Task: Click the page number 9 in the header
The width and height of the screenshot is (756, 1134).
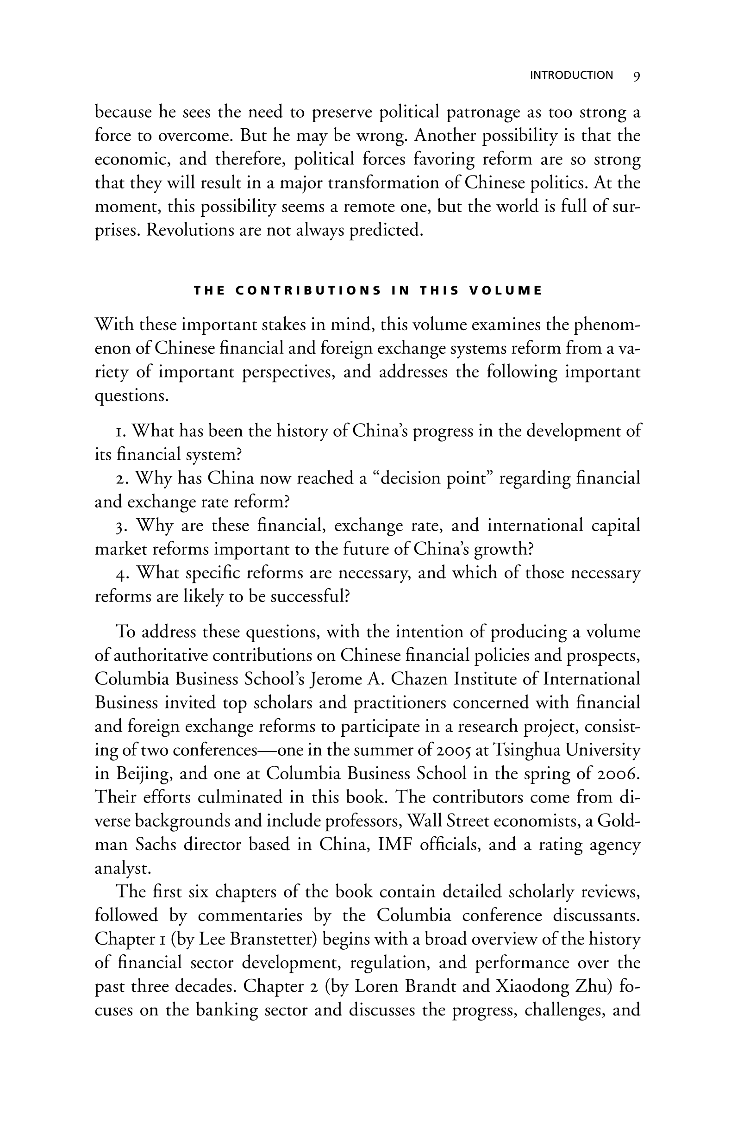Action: point(637,75)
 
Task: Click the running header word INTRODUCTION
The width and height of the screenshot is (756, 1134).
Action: point(571,75)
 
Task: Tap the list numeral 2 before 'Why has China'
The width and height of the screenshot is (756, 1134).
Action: point(120,478)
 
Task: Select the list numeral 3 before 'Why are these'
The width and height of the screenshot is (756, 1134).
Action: point(120,526)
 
